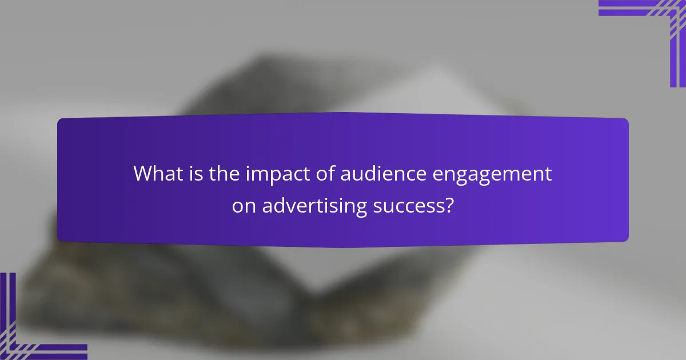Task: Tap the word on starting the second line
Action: [244, 206]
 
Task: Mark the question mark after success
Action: [449, 205]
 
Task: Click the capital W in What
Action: [143, 174]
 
